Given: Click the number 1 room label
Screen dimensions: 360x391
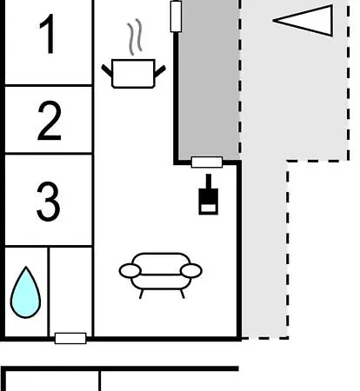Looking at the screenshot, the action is (48, 34).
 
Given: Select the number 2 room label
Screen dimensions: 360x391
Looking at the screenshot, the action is (50, 121).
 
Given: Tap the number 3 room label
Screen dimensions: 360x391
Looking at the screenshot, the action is (49, 202).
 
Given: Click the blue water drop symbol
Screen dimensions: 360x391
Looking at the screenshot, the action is (25, 293).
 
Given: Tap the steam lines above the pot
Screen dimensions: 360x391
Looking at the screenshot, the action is (135, 36).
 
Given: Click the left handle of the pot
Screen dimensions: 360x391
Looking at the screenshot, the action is (107, 71).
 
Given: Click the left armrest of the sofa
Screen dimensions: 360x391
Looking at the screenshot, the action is (130, 271).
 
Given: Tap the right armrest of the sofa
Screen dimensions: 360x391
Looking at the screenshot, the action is (191, 271).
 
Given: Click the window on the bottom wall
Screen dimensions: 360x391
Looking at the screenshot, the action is (70, 338).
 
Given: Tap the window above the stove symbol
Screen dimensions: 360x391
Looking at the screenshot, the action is (207, 162).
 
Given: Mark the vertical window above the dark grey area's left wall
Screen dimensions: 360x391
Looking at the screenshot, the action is (176, 17).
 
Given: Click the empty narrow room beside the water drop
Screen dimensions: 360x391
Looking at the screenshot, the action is (70, 290).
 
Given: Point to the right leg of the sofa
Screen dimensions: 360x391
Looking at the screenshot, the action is (183, 294).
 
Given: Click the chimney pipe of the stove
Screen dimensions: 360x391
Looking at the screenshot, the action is (209, 182).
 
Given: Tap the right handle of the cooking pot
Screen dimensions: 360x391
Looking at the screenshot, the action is (160, 71).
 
